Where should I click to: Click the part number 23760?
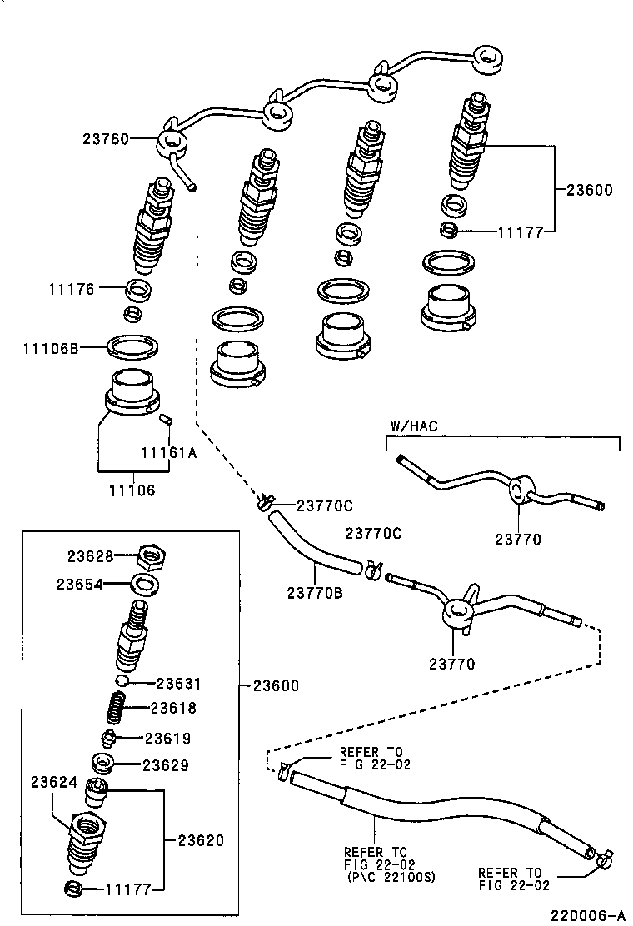[x=105, y=139]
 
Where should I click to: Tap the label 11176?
[x=72, y=289]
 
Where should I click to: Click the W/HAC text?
[x=413, y=426]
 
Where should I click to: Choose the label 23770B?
[x=315, y=592]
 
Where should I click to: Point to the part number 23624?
[x=55, y=782]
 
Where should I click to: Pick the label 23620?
[x=201, y=840]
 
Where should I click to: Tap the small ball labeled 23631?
[x=123, y=682]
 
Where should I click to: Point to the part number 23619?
[x=167, y=738]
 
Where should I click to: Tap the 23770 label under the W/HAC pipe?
[x=519, y=539]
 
